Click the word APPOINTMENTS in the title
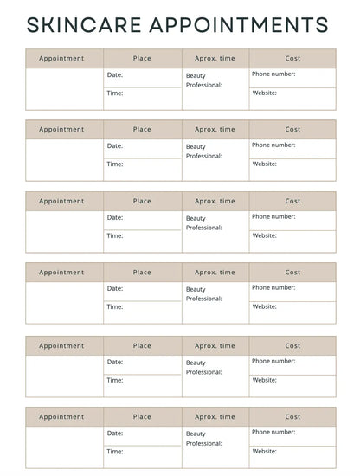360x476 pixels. coord(244,25)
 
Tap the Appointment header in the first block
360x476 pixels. coord(61,59)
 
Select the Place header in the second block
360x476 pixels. coord(142,130)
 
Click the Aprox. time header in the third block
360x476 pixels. coord(215,201)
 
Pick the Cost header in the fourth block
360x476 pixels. coord(292,273)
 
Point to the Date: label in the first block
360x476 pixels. coord(115,74)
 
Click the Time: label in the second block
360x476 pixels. coord(115,164)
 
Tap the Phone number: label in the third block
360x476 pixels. coord(273,216)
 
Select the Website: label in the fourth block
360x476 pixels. coord(265,306)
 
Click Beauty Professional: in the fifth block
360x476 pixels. coord(203,367)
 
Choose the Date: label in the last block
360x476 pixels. coord(115,433)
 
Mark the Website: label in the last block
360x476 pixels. coord(265,451)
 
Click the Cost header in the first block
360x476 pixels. coord(292,59)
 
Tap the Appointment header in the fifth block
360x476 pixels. coord(61,346)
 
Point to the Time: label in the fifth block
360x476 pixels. coord(115,380)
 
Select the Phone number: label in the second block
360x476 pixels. coord(273,145)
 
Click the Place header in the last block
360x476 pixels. coord(142,417)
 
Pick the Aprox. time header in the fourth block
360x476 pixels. coord(215,273)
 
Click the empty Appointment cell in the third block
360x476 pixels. coord(65,231)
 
